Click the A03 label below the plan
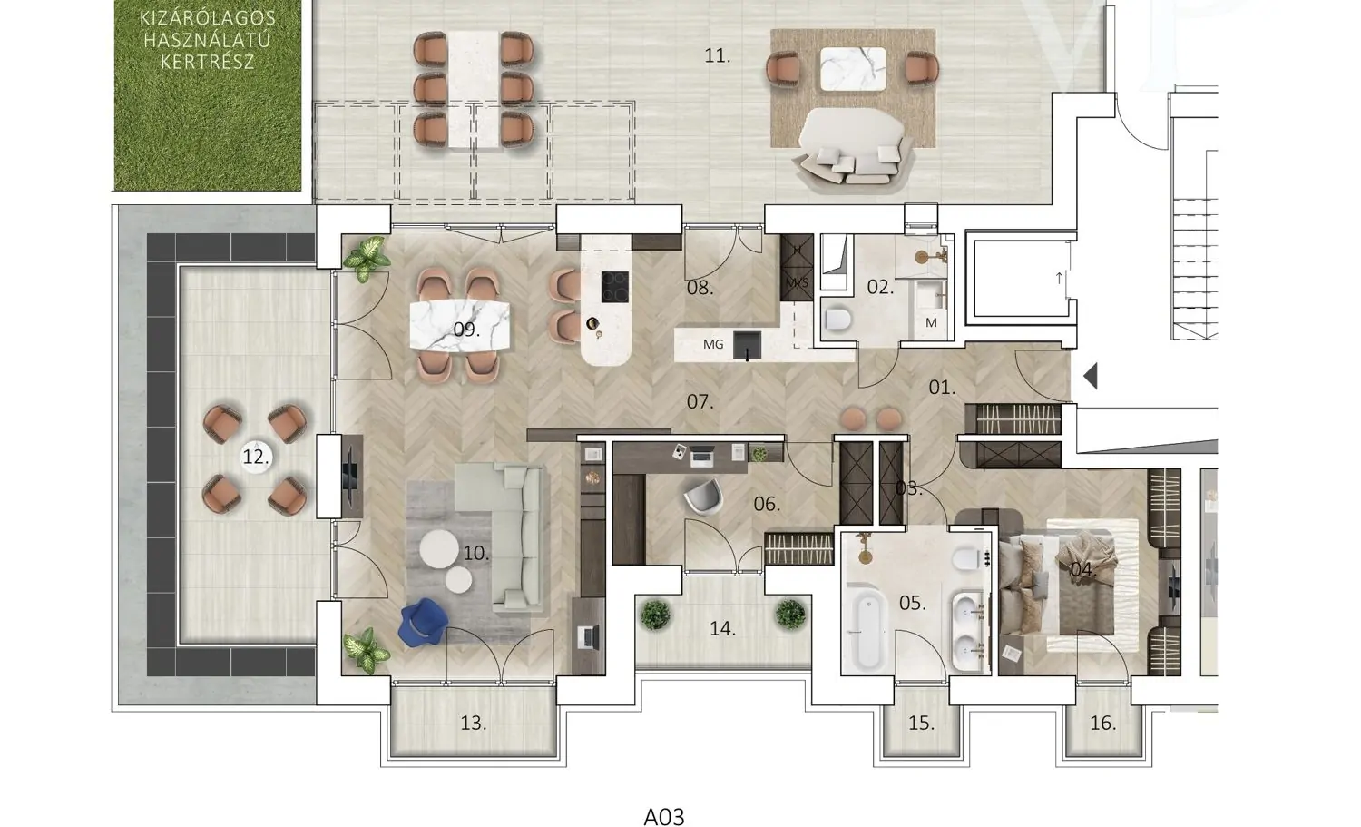coord(664,816)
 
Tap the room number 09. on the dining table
coord(466,330)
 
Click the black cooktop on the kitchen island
coord(615,287)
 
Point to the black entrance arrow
coord(1090,376)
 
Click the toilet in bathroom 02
coord(837,319)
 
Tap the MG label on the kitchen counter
coord(713,344)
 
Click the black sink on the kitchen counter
coord(747,345)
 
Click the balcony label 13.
coord(474,723)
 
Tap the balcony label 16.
coord(1102,723)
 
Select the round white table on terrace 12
coord(256,456)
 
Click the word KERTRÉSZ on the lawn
coord(207,62)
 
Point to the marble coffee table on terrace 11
coord(853,69)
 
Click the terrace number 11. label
coord(718,56)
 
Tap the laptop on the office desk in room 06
coord(703,456)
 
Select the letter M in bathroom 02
coord(931,323)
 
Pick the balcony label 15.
coord(921,723)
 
